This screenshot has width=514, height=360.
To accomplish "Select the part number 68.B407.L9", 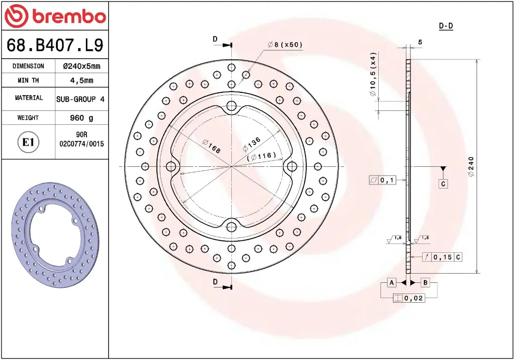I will pos(54,45).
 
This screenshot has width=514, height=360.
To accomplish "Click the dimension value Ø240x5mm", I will pos(81,66).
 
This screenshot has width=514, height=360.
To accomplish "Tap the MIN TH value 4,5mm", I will pos(81,80).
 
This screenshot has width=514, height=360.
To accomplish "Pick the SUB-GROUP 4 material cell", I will pos(80,99).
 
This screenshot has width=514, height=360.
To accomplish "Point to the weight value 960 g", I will pos(81,118).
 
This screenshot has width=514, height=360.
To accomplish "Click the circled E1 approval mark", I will pos(29,142).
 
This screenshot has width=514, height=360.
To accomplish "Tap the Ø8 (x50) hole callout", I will pos(285,45).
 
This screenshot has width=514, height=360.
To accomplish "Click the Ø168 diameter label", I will pos(211,146).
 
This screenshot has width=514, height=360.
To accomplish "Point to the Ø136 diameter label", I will pos(252,144).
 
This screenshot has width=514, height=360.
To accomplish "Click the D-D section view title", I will pos(446,26).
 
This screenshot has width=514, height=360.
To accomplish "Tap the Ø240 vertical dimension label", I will pos(471,167).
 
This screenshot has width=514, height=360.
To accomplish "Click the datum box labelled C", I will pos(443,183).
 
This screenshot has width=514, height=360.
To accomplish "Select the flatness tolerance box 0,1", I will pos(382,180).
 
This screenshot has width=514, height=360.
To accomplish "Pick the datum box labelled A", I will pos(391,282).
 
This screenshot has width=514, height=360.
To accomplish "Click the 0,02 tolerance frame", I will pos(408,298).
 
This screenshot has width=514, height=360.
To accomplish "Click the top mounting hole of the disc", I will pos(231,105).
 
